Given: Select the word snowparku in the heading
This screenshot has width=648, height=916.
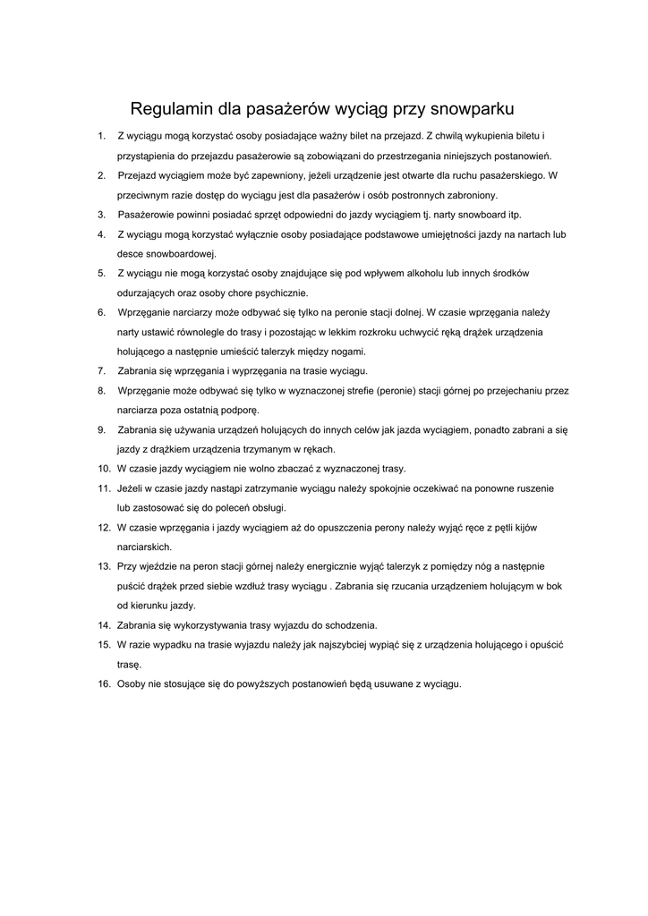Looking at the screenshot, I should (472, 111).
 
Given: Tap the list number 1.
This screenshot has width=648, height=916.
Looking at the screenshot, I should (101, 136).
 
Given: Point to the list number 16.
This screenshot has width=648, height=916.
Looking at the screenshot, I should (104, 684).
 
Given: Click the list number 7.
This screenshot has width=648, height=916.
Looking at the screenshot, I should (101, 370).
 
